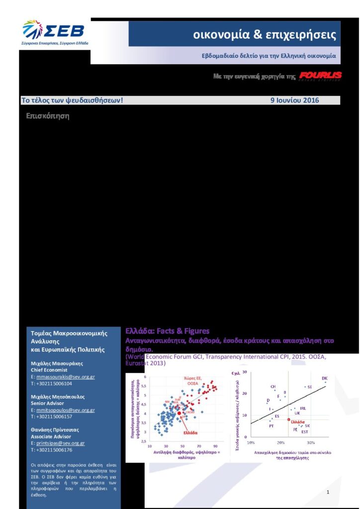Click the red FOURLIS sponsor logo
(x=320, y=76)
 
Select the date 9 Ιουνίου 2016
(x=294, y=100)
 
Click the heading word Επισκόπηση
(x=47, y=116)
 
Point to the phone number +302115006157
(x=54, y=417)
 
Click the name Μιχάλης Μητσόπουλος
(x=58, y=397)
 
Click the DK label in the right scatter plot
(x=325, y=378)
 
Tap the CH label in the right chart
(x=273, y=386)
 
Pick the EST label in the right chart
(x=304, y=431)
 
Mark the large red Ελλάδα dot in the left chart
(x=179, y=413)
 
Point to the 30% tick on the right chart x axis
(x=311, y=442)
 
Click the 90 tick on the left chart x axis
(x=216, y=446)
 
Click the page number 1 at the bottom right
(x=328, y=492)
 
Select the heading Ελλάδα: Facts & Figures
(x=168, y=331)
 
